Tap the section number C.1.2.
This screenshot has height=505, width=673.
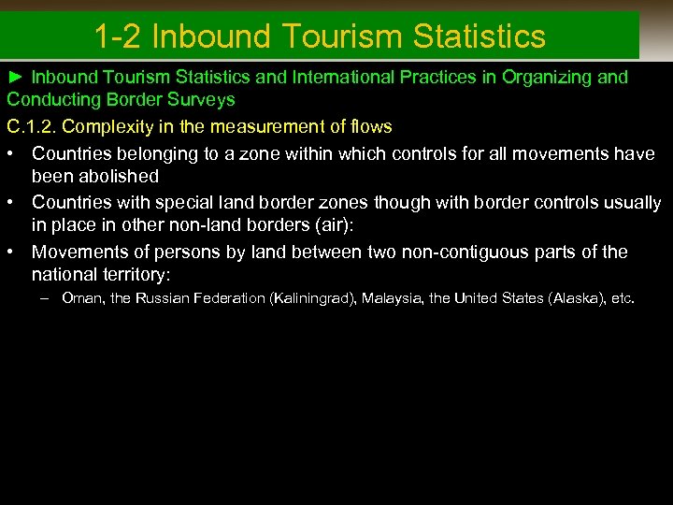(35, 125)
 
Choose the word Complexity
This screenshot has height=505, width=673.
(116, 125)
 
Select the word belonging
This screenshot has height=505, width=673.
(153, 153)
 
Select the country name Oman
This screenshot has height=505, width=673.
(80, 298)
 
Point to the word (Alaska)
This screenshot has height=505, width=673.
(577, 298)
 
